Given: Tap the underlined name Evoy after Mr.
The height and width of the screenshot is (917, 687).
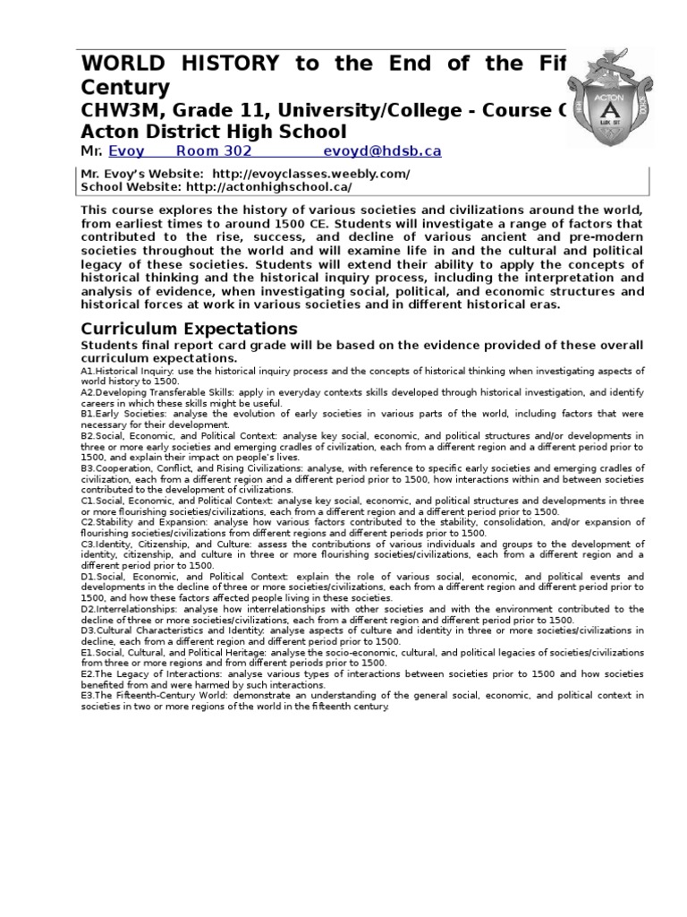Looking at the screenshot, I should click(x=126, y=151).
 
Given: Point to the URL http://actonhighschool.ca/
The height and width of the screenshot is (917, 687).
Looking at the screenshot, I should click(x=268, y=187).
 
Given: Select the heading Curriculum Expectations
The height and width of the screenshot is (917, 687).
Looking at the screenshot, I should click(x=189, y=328).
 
